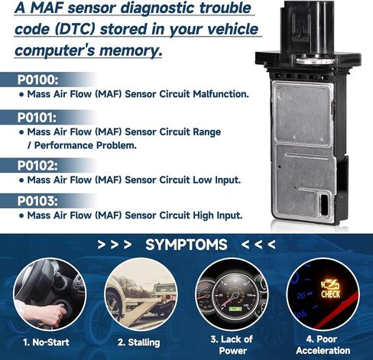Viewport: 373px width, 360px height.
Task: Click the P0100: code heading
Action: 37,79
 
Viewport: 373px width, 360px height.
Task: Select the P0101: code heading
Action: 37,118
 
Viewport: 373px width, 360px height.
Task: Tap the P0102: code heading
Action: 37,166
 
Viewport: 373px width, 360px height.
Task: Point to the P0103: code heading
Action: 37,201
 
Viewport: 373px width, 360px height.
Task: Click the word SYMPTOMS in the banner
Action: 186,245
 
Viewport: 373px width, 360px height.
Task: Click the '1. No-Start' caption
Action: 46,342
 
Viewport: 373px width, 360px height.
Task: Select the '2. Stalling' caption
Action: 139,342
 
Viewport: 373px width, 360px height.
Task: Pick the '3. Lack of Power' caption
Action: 232,345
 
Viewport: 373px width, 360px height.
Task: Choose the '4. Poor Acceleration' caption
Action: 323,345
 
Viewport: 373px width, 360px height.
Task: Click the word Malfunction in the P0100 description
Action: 221,94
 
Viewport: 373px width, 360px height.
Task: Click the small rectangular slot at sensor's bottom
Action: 324,204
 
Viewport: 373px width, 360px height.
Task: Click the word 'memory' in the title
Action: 131,50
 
